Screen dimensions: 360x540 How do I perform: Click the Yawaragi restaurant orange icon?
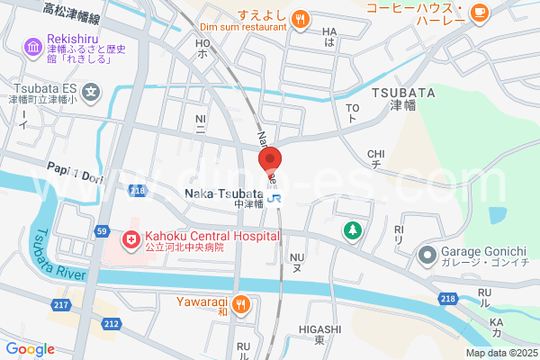(x=240, y=304)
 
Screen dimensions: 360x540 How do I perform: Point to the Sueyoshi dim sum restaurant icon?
(x=301, y=17)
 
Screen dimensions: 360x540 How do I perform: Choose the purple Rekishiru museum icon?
(x=33, y=46)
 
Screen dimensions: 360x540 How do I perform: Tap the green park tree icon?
(x=353, y=230)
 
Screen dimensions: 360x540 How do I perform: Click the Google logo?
(x=30, y=349)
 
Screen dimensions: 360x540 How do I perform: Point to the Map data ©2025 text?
(x=499, y=352)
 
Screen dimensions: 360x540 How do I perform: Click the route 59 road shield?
(x=102, y=232)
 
